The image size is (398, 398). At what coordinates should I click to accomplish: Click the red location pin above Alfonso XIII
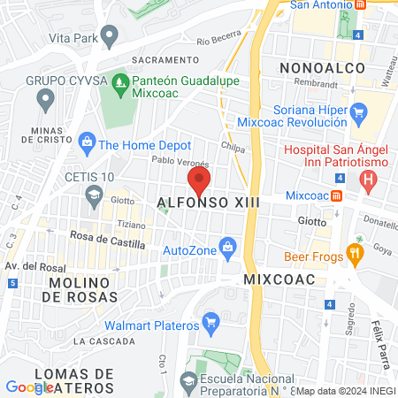pyautogui.click(x=199, y=181)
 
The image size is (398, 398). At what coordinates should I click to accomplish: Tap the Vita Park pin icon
pyautogui.click(x=110, y=37)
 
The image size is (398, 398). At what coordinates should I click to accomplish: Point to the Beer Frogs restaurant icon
pyautogui.click(x=356, y=254)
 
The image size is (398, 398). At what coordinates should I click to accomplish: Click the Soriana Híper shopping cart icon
pyautogui.click(x=358, y=111)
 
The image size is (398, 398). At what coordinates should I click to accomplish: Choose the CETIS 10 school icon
pyautogui.click(x=93, y=195)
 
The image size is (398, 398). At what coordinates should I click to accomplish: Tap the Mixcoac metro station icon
pyautogui.click(x=336, y=195)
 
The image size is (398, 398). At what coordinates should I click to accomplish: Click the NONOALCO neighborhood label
pyautogui.click(x=316, y=68)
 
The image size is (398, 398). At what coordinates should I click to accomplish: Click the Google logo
pyautogui.click(x=29, y=387)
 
